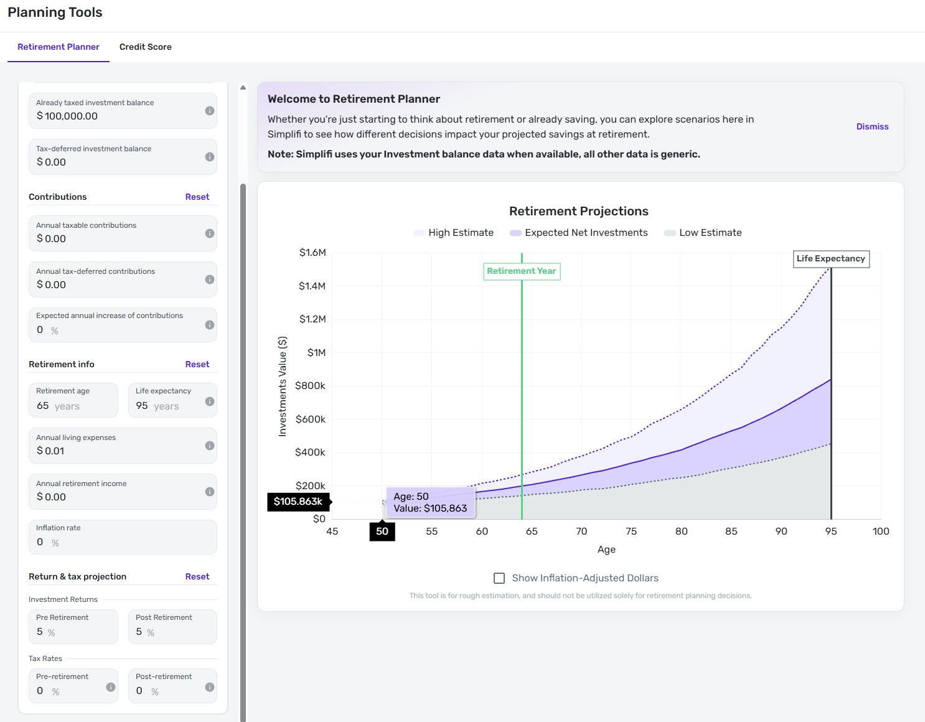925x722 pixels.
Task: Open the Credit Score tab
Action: pos(145,47)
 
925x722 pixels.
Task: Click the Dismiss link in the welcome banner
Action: pos(872,126)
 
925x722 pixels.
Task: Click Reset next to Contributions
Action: pos(197,197)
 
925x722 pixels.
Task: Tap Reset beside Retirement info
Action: pos(197,364)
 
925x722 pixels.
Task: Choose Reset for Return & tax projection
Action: pos(197,576)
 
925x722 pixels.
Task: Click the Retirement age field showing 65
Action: pos(73,405)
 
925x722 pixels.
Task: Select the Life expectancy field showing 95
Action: pos(165,405)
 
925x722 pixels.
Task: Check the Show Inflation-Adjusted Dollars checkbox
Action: pos(499,578)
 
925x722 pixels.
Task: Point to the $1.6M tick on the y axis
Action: pos(312,253)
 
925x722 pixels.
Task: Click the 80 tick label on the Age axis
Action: pos(681,532)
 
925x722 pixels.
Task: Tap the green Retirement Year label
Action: pos(522,271)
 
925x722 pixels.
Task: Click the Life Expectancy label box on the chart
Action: pos(830,259)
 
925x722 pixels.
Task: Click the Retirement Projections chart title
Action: pos(578,211)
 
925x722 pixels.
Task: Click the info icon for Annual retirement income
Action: pos(210,492)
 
